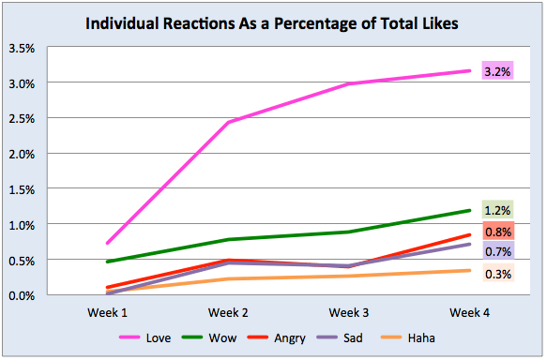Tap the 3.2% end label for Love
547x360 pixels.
(x=496, y=71)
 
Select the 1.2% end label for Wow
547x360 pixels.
(x=496, y=211)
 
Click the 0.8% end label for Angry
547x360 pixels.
(x=496, y=232)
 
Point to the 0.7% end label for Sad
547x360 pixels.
(x=496, y=251)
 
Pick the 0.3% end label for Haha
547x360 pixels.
(x=496, y=274)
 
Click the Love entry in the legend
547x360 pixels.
(x=150, y=337)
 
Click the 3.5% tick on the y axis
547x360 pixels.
(x=23, y=48)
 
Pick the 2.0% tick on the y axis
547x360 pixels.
(x=23, y=154)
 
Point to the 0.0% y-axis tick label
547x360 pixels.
(x=23, y=295)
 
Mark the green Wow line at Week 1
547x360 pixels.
(x=107, y=262)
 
